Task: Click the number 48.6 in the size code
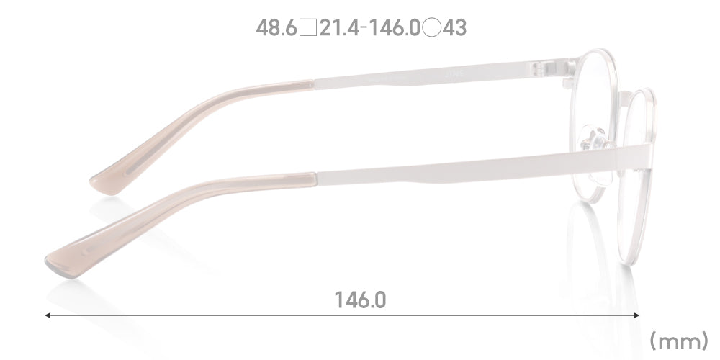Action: pos(277,28)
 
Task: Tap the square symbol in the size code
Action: pos(308,28)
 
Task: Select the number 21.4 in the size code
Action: pos(339,28)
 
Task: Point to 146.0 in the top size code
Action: pos(395,28)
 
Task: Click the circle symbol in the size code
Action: pos(431,28)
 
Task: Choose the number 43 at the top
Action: pos(454,28)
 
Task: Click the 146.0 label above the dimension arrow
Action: pos(361,300)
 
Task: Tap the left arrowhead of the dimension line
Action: pos(48,315)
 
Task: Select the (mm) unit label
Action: pos(679,342)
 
